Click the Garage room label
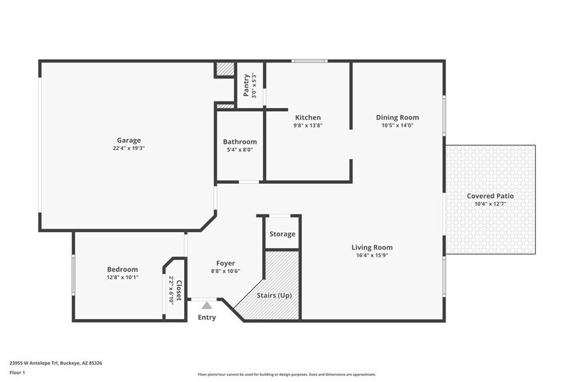pyautogui.click(x=128, y=140)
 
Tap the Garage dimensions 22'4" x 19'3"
pyautogui.click(x=128, y=148)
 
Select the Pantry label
pyautogui.click(x=247, y=85)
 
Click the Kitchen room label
pyautogui.click(x=308, y=118)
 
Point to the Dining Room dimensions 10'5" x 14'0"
pyautogui.click(x=397, y=125)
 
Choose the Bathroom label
pyautogui.click(x=239, y=142)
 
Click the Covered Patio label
pyautogui.click(x=490, y=196)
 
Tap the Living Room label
pyautogui.click(x=372, y=247)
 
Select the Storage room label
pyautogui.click(x=282, y=234)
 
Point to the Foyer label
pyautogui.click(x=226, y=263)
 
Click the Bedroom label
pyautogui.click(x=122, y=269)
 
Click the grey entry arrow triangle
pyautogui.click(x=206, y=305)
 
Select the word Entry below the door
pyautogui.click(x=206, y=318)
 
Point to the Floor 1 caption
pyautogui.click(x=18, y=372)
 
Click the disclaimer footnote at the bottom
pyautogui.click(x=286, y=375)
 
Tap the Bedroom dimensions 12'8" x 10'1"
pyautogui.click(x=122, y=277)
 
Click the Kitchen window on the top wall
pyautogui.click(x=308, y=62)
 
